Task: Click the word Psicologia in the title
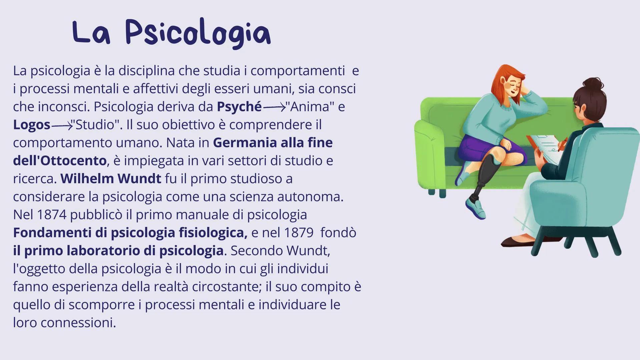(x=198, y=33)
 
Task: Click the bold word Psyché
(x=239, y=107)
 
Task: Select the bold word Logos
(x=32, y=125)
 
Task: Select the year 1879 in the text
(x=298, y=233)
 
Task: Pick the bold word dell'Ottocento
(x=60, y=161)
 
